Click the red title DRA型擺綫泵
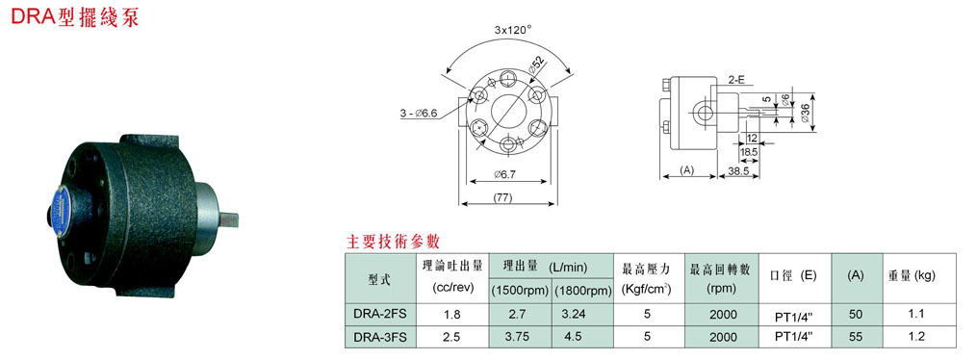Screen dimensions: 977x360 tap(75, 16)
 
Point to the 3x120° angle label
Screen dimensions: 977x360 tap(512, 29)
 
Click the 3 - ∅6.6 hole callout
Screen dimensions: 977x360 tap(419, 113)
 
